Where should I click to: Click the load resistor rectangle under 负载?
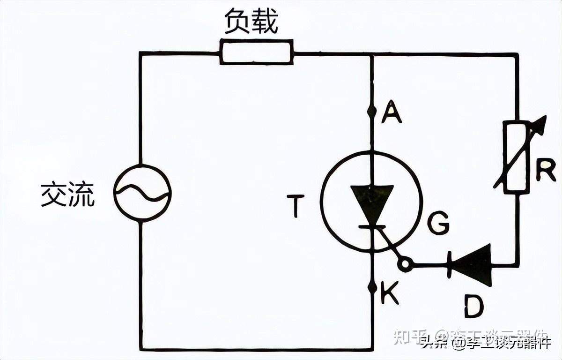tap(257, 52)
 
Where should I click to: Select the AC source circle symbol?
tap(142, 192)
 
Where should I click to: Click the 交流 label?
tap(67, 195)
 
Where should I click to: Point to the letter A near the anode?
tap(392, 113)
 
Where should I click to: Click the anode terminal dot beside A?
tap(372, 111)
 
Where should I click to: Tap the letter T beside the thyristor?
tap(296, 206)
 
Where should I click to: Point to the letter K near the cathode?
tap(389, 294)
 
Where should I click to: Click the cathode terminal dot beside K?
tap(372, 287)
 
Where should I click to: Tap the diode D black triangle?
tap(473, 265)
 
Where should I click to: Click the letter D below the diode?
tap(474, 307)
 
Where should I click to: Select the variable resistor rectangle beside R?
tap(517, 157)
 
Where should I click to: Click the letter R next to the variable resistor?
tap(546, 171)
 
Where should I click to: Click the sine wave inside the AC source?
tap(142, 192)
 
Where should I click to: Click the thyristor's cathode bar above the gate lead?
tap(372, 227)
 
